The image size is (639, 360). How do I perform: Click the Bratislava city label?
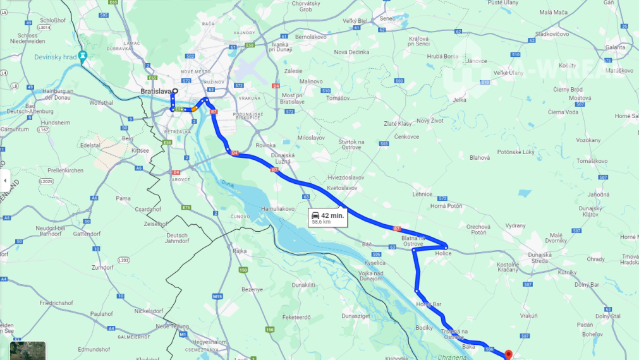point(155,92)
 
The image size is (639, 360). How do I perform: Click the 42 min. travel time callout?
point(327,218)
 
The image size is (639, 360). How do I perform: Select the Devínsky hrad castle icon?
point(83,56)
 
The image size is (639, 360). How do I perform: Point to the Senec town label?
point(387,18)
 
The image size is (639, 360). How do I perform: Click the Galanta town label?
point(614,47)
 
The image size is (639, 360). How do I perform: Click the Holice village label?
point(444,253)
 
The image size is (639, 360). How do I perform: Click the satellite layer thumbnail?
point(27,351)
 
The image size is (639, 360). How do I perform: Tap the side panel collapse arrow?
point(4,181)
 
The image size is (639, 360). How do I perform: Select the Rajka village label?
point(240,251)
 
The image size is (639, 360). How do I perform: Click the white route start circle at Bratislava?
point(175,90)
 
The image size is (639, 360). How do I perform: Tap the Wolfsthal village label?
point(102,102)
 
